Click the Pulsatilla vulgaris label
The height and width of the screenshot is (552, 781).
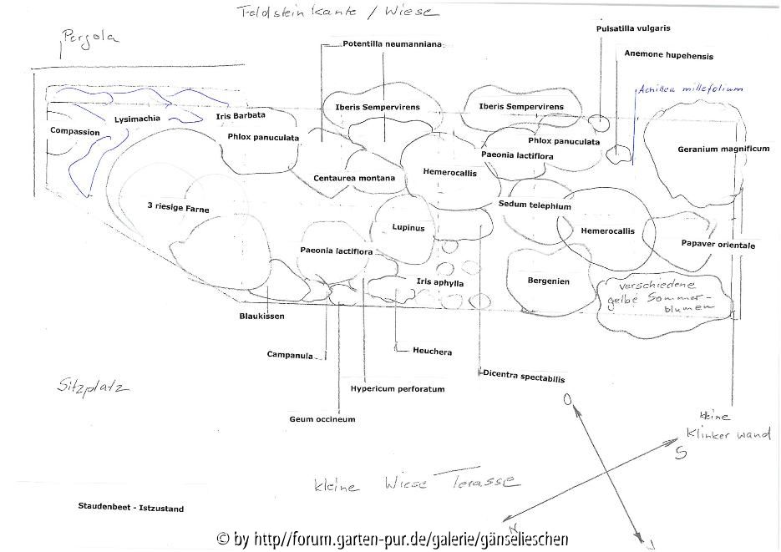[633, 28]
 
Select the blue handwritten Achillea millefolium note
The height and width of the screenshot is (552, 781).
[690, 88]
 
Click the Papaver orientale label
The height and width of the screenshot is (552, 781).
[718, 246]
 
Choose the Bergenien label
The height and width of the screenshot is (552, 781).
[548, 281]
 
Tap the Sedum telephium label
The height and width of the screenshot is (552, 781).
[535, 205]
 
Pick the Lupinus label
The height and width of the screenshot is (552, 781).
[408, 228]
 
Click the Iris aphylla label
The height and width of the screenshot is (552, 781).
[439, 283]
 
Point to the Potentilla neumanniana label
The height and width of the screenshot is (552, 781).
[392, 43]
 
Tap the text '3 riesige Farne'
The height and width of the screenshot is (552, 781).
[178, 208]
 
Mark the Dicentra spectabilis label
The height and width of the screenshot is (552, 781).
[524, 377]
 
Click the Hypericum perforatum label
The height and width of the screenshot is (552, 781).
[397, 389]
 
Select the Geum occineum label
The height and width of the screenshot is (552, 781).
[322, 419]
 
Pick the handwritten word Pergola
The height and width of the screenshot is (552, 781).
[90, 38]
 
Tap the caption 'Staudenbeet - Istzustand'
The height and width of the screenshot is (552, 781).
[130, 508]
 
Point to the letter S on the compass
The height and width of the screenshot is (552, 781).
[681, 453]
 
